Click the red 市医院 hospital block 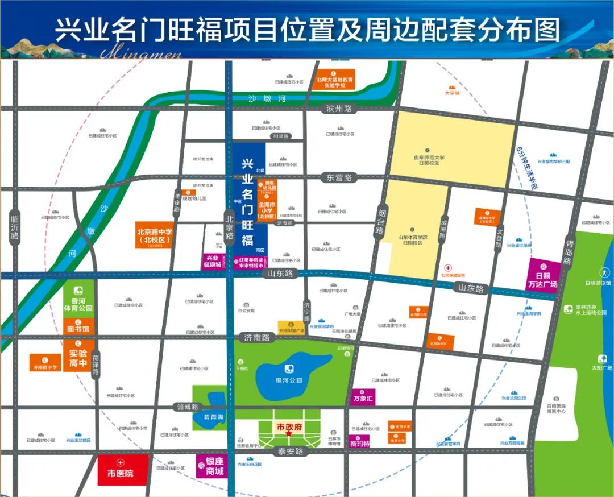[123, 470]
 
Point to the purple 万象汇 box [363, 397]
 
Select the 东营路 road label [339, 178]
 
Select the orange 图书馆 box [78, 328]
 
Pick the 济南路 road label [257, 337]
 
